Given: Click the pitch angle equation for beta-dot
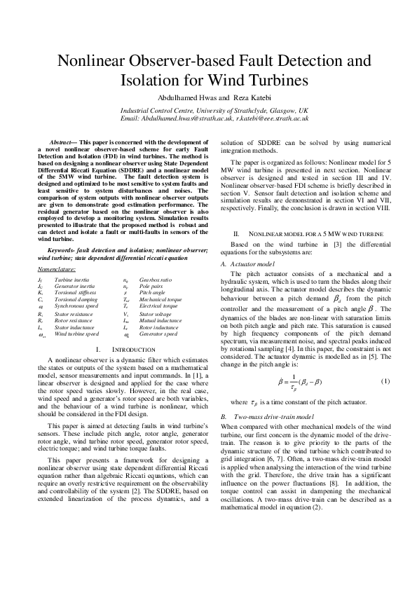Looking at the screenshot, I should click(x=300, y=382).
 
